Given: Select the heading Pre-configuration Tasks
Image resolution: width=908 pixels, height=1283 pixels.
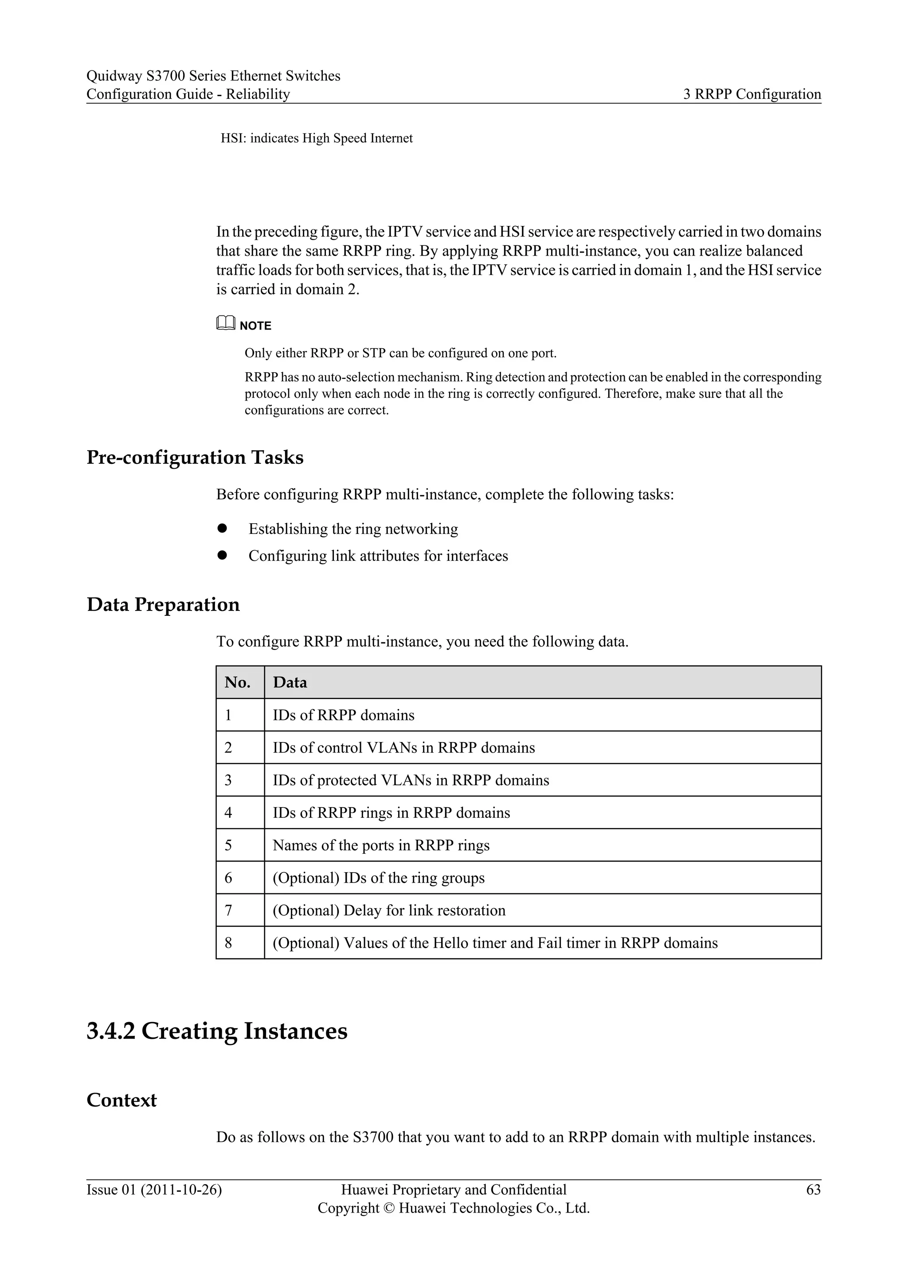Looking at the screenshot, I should tap(195, 458).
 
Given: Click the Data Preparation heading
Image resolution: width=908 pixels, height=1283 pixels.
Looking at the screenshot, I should tap(163, 605).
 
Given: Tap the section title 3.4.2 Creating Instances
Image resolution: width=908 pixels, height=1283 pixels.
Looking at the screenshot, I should tap(217, 1031).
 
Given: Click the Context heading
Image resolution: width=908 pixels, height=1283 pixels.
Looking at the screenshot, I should tap(121, 1100).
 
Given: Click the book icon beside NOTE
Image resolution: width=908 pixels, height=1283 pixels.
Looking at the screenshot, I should tap(225, 323).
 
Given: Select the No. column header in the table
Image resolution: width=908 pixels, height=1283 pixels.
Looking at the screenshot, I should tap(238, 682).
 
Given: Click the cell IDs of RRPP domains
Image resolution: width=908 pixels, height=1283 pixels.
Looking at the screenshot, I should tap(343, 715).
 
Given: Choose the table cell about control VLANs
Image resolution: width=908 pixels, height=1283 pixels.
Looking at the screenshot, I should tap(403, 748).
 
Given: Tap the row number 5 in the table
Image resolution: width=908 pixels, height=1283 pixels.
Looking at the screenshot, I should tap(228, 845).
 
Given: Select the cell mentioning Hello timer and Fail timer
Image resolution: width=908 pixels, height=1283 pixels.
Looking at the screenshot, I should tap(494, 943).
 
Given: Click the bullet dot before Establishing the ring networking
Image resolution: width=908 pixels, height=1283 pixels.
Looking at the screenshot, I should tap(222, 528).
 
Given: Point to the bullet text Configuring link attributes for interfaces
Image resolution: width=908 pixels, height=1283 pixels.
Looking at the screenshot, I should tap(378, 556).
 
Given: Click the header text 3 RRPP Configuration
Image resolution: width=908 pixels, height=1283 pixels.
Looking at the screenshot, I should tap(752, 94).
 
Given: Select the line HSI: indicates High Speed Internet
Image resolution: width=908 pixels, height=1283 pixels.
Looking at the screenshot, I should tap(317, 138).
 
